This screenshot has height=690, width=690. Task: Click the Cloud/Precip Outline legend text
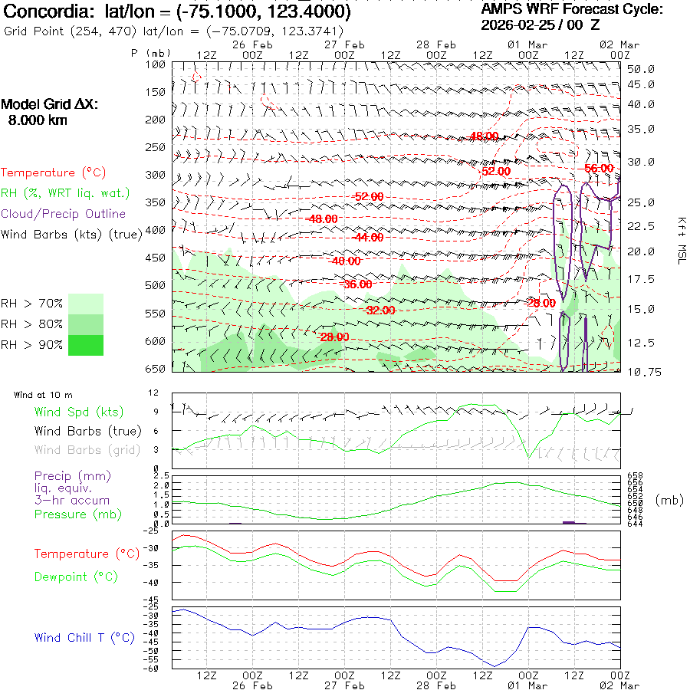pos(64,214)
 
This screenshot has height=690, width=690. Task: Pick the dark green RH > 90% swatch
pos(85,345)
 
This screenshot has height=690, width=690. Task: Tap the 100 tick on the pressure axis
pos(156,65)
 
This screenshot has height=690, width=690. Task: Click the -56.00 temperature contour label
pos(599,169)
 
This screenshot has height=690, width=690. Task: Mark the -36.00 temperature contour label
pos(356,284)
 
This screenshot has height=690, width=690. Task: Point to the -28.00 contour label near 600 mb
pos(334,337)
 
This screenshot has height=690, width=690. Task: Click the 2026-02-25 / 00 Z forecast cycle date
pos(540,25)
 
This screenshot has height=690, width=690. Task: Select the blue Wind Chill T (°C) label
pos(84,638)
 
